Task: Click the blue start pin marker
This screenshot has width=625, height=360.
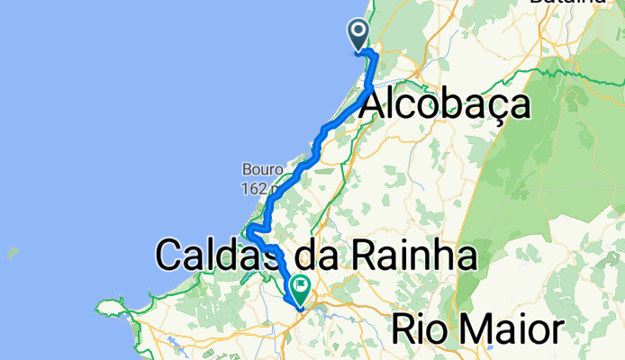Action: click(x=358, y=35)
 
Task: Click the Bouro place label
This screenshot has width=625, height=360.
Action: click(x=263, y=169)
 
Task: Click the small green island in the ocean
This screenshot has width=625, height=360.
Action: click(x=13, y=252)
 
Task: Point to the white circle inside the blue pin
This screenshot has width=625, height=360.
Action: click(x=358, y=32)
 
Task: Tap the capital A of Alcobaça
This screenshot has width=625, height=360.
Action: click(x=375, y=106)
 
